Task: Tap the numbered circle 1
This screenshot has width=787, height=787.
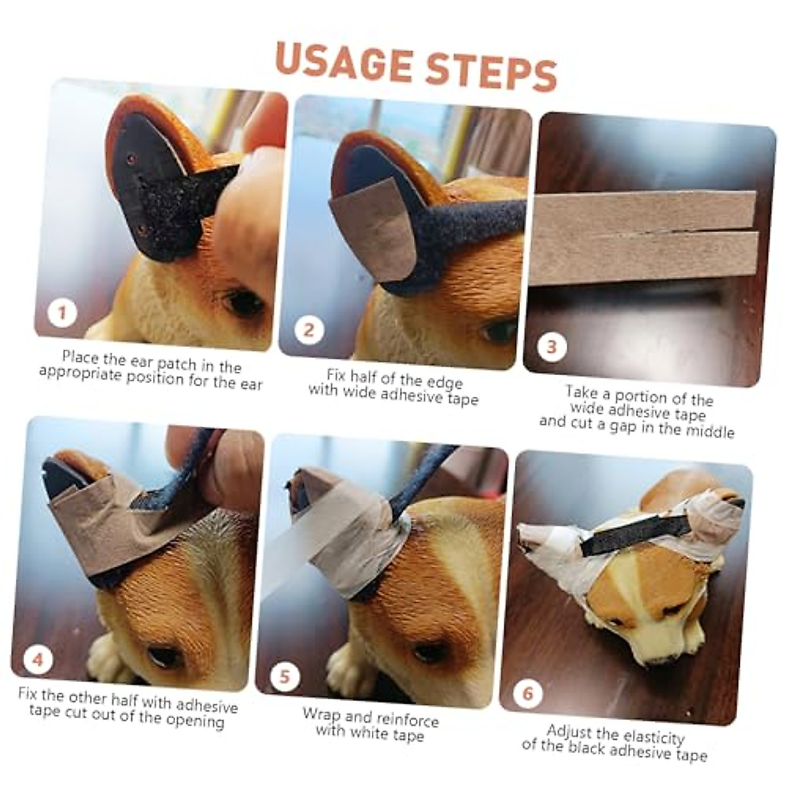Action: tap(63, 312)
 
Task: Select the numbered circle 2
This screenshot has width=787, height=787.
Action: tap(308, 329)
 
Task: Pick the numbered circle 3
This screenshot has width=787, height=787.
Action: tap(552, 346)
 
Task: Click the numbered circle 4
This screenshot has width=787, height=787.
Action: tap(37, 658)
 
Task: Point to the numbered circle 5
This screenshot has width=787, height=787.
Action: tap(284, 676)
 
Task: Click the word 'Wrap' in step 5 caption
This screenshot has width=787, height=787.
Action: tap(322, 714)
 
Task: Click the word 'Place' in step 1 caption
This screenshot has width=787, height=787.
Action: tap(81, 357)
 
